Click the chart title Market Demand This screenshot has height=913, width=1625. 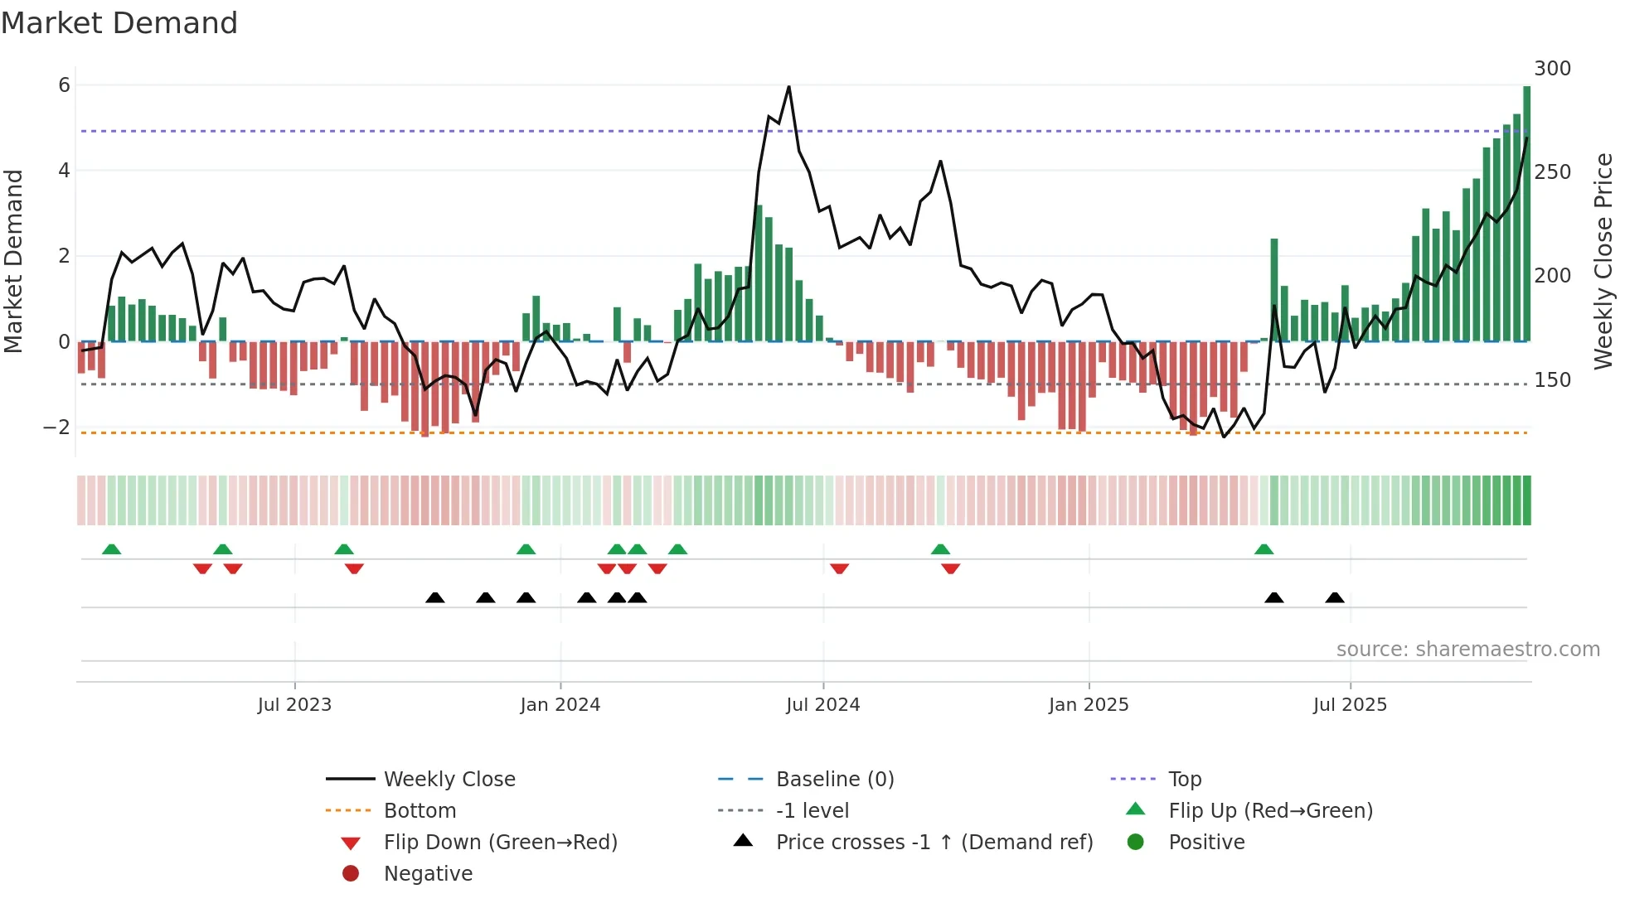point(119,22)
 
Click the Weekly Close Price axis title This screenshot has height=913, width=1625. point(1603,261)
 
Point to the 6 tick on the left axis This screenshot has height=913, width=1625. point(64,85)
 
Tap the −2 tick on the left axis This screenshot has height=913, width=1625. point(56,428)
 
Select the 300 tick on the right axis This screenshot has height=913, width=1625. point(1552,69)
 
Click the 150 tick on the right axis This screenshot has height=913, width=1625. point(1552,380)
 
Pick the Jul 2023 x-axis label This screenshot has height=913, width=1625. point(294,705)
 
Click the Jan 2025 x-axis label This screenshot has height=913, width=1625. point(1088,705)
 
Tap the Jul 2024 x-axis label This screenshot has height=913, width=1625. point(822,705)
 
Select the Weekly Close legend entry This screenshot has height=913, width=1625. point(449,780)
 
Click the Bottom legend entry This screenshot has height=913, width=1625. point(420,811)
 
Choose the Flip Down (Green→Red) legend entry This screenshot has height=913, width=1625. point(500,843)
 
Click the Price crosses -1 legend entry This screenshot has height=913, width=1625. point(934,843)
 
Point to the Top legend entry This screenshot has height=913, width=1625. point(1185,780)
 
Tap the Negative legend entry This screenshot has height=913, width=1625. point(428,874)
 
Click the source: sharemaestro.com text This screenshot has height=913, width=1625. point(1467,650)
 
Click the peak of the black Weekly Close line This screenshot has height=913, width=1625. point(788,87)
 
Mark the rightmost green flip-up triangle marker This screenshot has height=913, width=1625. point(1264,549)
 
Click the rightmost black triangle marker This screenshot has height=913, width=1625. point(1334,598)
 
